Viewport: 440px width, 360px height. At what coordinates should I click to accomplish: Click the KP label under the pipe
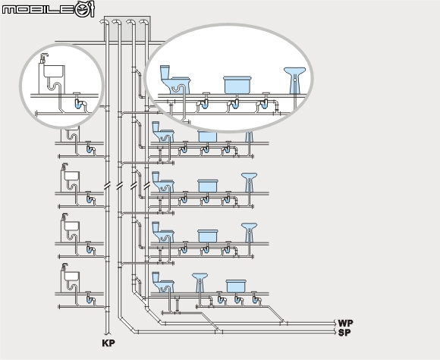click(x=108, y=343)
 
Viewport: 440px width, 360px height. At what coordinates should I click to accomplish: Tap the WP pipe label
click(x=345, y=323)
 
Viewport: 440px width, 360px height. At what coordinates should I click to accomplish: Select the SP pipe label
click(x=344, y=333)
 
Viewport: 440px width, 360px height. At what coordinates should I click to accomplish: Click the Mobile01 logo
click(x=49, y=10)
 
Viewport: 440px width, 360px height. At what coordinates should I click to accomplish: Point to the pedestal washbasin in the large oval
click(x=294, y=80)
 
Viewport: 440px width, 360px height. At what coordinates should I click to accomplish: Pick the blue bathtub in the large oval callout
click(x=237, y=85)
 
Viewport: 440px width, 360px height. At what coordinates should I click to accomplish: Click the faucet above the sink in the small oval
click(x=44, y=58)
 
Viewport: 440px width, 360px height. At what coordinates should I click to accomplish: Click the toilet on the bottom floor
click(x=163, y=283)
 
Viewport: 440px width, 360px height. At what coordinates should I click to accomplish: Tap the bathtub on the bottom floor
click(x=236, y=286)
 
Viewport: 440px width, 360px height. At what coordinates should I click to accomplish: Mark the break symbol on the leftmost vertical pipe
click(x=107, y=186)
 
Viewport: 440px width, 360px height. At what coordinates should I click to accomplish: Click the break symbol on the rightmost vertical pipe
click(x=146, y=186)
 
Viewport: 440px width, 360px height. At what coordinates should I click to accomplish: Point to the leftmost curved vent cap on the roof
click(x=104, y=22)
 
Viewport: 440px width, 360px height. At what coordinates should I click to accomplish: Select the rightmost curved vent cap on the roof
click(x=143, y=22)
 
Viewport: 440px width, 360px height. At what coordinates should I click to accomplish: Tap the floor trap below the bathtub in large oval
click(x=234, y=103)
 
